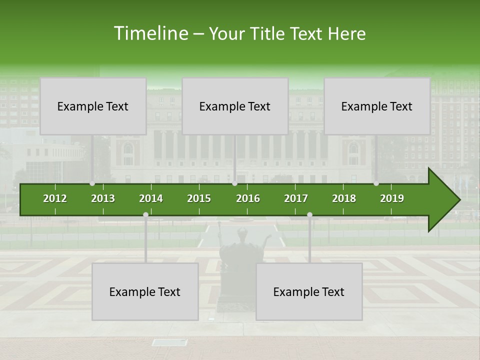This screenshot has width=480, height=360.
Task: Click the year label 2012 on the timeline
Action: tap(55, 198)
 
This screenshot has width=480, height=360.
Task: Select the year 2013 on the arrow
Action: tap(103, 198)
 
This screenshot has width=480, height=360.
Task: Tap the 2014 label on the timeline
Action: tap(151, 198)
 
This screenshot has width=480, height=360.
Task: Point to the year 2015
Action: tap(199, 198)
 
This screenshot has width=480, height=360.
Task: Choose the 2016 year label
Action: tap(248, 198)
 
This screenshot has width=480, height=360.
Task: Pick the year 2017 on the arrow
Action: tap(296, 198)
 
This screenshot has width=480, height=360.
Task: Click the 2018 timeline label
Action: tap(344, 198)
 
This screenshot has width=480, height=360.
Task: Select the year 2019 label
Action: tap(392, 198)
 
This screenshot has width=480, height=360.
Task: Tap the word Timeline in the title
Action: tap(150, 33)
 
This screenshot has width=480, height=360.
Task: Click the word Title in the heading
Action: tap(270, 33)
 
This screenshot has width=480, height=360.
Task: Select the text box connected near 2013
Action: tap(93, 106)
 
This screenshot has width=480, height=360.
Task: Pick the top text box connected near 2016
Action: tap(235, 106)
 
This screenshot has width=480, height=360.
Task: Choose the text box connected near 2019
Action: tap(377, 106)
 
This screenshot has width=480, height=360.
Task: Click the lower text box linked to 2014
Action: tap(145, 291)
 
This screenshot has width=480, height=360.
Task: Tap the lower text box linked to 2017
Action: tap(309, 291)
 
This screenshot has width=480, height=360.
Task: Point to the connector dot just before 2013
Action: tap(92, 183)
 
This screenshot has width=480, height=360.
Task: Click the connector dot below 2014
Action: tap(145, 214)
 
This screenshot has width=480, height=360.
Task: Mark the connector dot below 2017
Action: tap(309, 214)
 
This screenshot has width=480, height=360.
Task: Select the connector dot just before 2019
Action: tap(376, 183)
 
